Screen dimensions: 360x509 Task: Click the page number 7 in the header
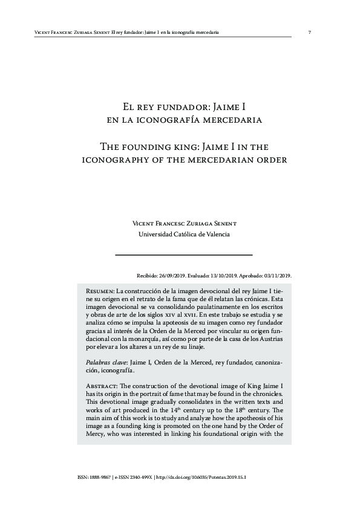(309, 32)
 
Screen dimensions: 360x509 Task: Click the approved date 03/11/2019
(277, 274)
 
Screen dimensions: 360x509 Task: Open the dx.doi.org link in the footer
(203, 477)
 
